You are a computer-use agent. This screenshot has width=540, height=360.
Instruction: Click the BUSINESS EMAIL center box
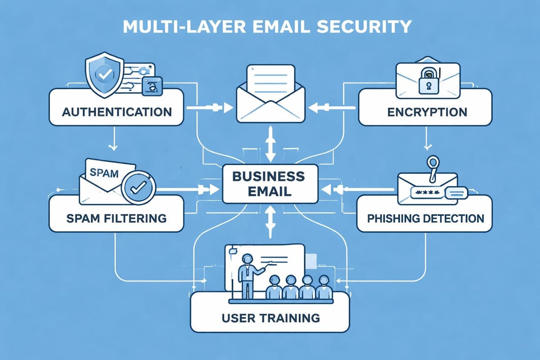click(269, 183)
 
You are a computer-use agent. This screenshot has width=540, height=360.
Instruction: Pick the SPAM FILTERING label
click(116, 219)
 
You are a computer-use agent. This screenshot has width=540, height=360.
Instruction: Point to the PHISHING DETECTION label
click(425, 219)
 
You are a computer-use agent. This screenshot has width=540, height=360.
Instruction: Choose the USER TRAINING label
click(270, 318)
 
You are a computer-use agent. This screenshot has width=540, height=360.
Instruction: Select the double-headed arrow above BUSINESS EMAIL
click(270, 143)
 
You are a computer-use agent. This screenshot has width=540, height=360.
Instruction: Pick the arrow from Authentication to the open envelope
click(210, 108)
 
